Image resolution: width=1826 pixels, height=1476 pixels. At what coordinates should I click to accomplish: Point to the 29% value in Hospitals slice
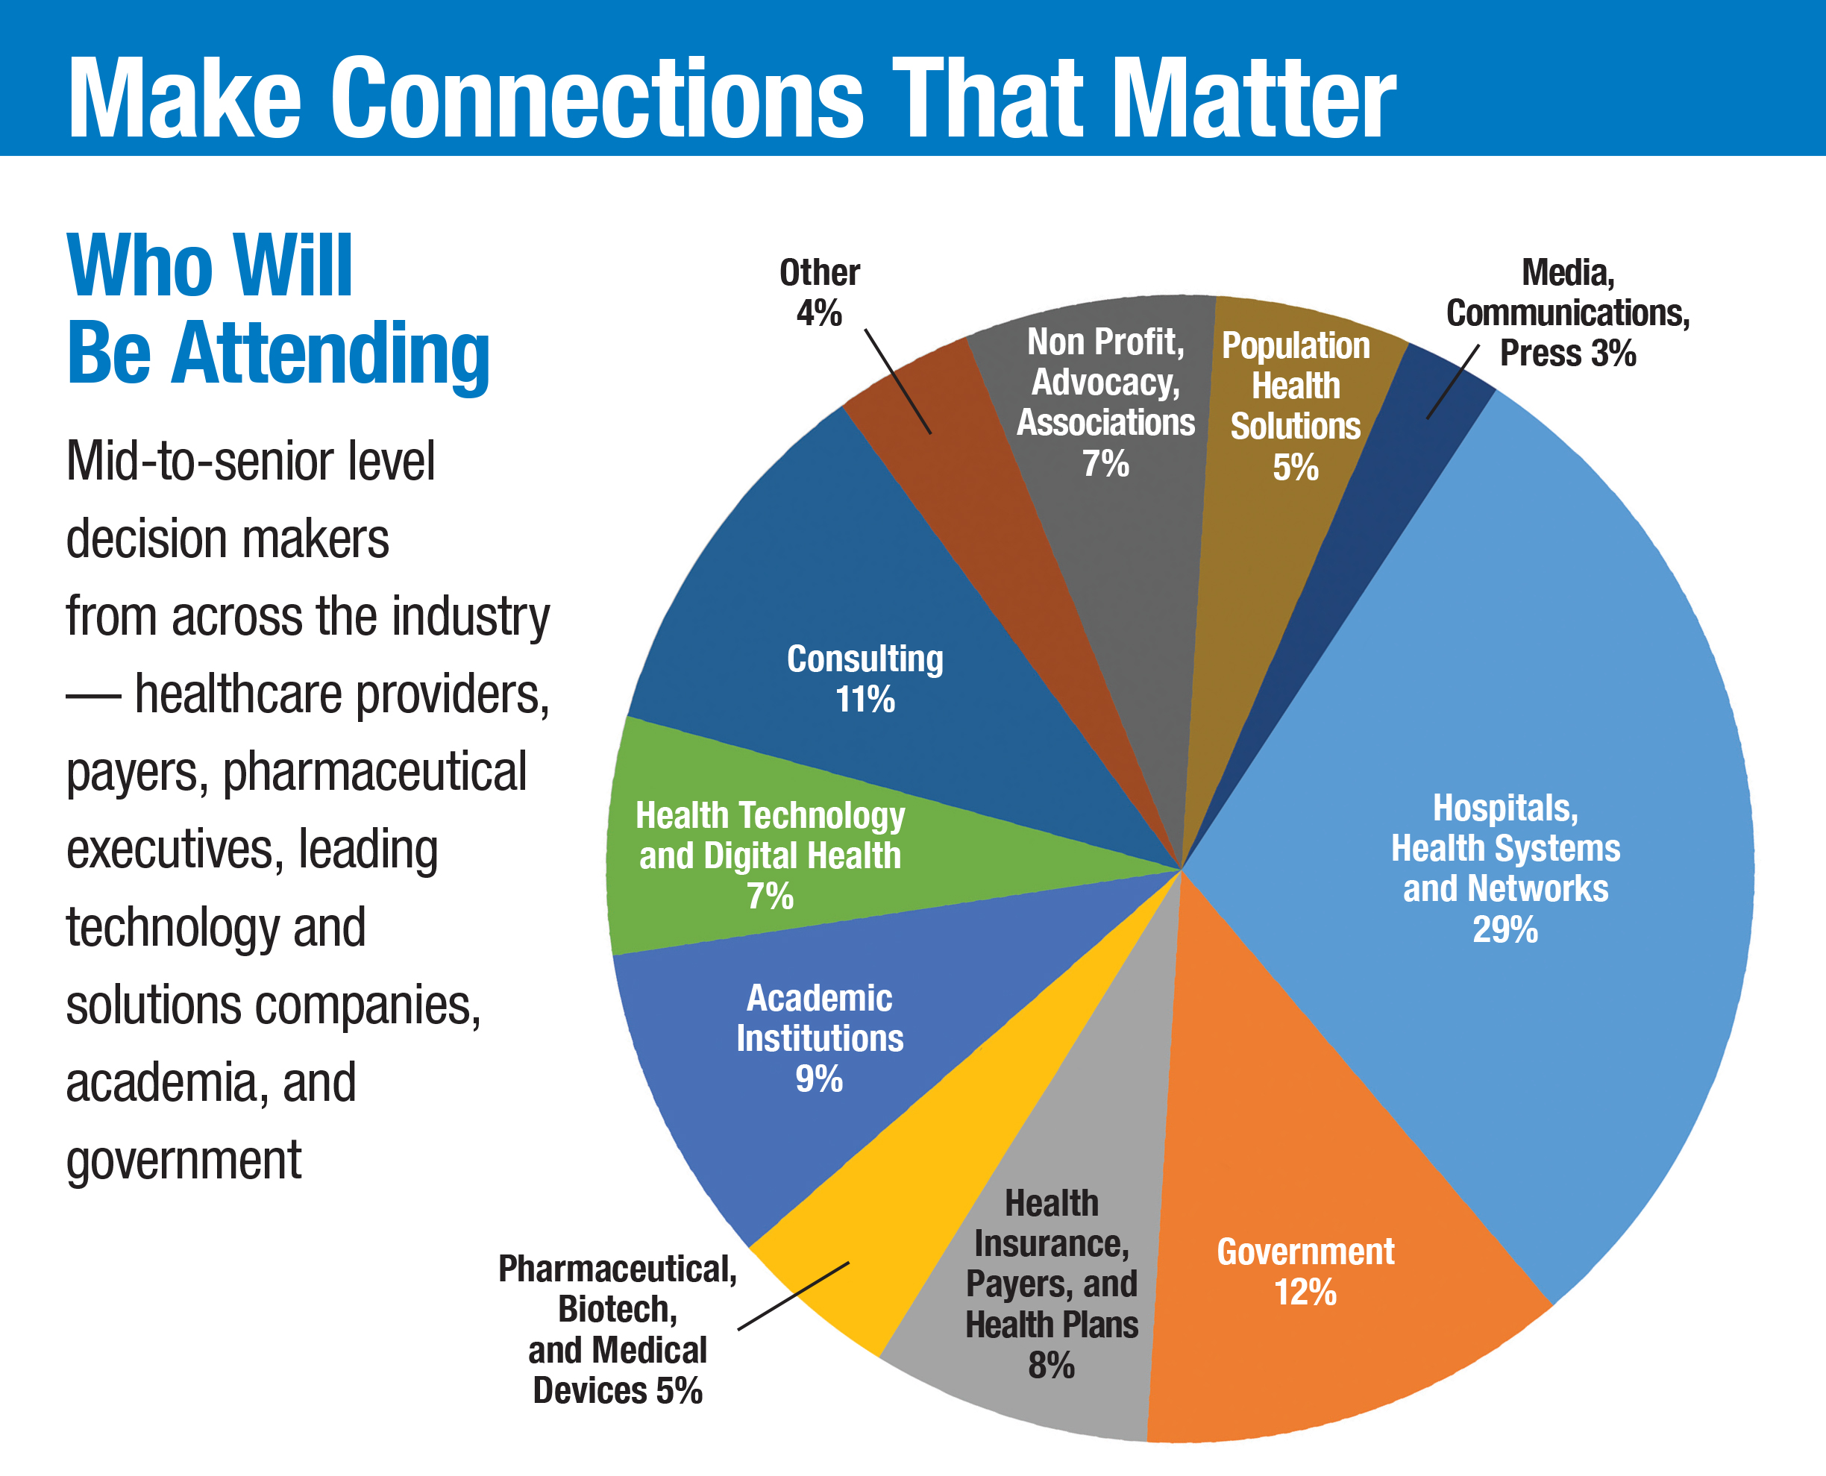tap(1505, 930)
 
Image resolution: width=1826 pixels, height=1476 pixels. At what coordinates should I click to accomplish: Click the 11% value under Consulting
tap(865, 700)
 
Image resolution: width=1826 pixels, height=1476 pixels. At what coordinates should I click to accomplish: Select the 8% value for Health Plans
tap(1052, 1366)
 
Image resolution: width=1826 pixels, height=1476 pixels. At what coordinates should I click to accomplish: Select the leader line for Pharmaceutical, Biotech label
tap(793, 1296)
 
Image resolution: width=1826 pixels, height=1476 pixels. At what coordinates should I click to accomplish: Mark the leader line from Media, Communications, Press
tap(1453, 382)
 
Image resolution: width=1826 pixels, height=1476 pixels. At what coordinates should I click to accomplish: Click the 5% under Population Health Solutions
tap(1296, 468)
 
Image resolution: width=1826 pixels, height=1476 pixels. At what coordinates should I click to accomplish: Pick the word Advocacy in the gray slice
tap(1106, 383)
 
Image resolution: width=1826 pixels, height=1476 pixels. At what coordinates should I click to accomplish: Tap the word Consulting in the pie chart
tap(865, 659)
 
